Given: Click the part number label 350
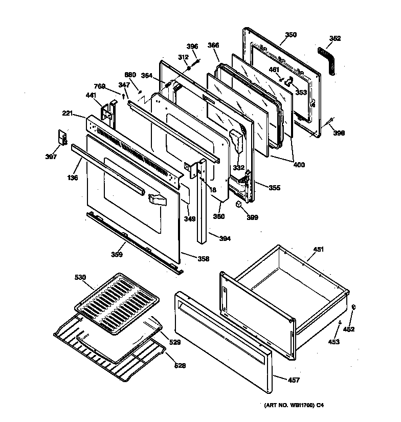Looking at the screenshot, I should tap(291, 35).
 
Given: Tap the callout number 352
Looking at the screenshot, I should tap(335, 38).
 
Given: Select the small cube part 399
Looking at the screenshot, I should tap(239, 204).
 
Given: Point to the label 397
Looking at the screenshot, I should tap(51, 157).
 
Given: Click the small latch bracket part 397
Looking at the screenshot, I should tap(62, 138).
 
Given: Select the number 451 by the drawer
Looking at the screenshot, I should tap(318, 250).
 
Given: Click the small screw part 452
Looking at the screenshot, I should tap(354, 306).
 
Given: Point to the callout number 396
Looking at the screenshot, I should tap(192, 47).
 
